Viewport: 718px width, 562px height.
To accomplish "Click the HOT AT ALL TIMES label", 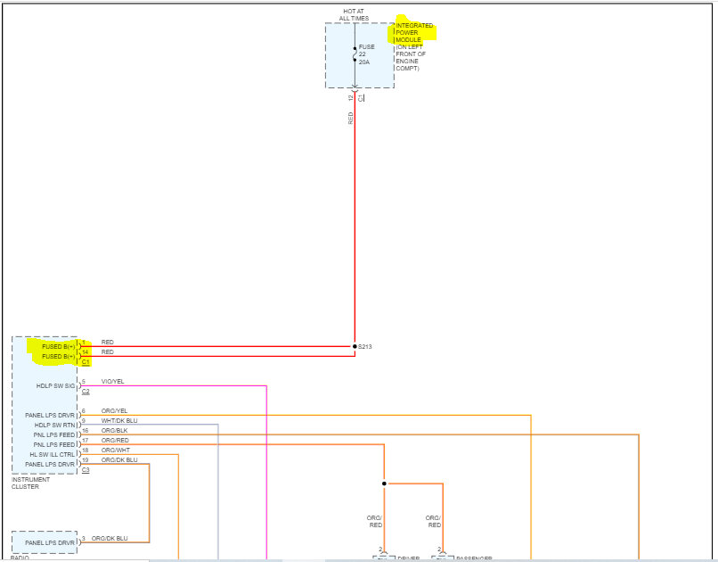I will (x=355, y=14).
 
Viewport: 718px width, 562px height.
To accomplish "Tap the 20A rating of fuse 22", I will (x=364, y=62).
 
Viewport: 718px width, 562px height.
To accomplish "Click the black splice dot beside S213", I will (x=355, y=346).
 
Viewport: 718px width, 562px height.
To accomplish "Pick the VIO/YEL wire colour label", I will (x=113, y=382).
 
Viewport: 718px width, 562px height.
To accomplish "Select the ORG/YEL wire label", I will (x=114, y=411).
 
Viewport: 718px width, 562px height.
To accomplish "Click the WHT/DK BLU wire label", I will (x=119, y=421).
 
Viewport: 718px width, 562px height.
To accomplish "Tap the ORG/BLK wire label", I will (x=114, y=431).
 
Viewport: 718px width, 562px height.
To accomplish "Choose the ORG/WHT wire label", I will (x=115, y=450).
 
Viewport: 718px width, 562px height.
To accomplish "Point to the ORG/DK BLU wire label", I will (x=119, y=460).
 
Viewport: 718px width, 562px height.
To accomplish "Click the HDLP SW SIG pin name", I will (x=56, y=386).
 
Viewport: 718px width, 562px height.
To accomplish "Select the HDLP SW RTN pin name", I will (x=55, y=425).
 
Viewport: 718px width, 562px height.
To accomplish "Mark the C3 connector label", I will (x=86, y=470).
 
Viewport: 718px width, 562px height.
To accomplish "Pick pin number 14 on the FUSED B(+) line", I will (x=85, y=352).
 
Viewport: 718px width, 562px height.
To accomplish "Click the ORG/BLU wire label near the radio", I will (x=110, y=539).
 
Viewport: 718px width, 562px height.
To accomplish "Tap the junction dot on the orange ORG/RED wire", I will (x=384, y=483).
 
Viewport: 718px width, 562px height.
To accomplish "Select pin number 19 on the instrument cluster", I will (x=85, y=460).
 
